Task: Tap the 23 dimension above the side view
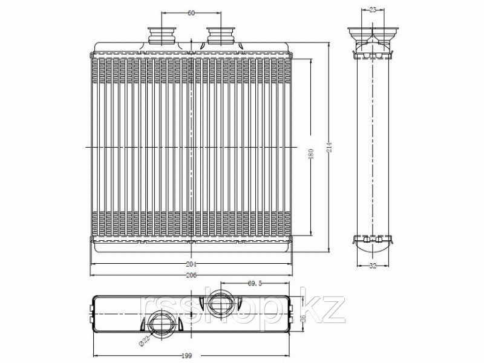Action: tap(372, 10)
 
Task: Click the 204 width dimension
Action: tap(192, 264)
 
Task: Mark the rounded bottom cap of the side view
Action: tap(371, 245)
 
